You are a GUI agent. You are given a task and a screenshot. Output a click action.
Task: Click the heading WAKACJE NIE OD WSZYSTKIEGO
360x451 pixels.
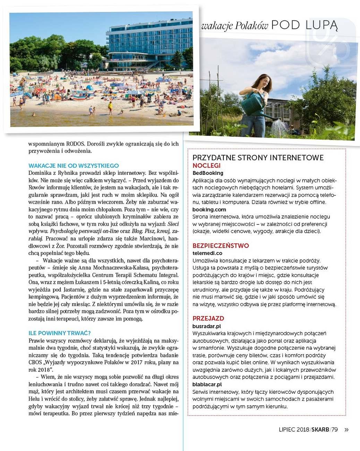[x=74, y=165]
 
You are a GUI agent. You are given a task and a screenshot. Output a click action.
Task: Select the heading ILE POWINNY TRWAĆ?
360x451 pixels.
[x=60, y=333]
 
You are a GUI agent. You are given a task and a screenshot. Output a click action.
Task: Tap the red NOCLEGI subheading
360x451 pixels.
[x=206, y=165]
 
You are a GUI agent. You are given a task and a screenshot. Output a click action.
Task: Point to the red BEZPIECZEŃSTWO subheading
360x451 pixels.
[x=221, y=246]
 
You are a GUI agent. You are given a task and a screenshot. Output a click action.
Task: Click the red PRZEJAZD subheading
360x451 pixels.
[x=208, y=318]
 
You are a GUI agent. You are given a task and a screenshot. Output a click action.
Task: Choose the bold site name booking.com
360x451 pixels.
[x=209, y=210]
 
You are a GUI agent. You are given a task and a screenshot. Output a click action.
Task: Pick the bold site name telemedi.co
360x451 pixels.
[x=207, y=253]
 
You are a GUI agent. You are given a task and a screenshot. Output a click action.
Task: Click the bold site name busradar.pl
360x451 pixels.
[x=207, y=326]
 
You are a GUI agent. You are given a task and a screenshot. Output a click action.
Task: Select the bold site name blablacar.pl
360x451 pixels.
[x=207, y=384]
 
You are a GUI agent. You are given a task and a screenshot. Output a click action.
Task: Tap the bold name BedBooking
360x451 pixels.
[x=208, y=173]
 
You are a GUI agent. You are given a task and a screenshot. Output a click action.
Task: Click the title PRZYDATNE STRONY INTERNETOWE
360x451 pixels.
[x=258, y=158]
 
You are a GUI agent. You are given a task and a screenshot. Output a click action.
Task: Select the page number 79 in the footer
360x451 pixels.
[x=334, y=429]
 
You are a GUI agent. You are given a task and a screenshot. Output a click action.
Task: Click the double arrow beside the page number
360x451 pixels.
[x=346, y=429]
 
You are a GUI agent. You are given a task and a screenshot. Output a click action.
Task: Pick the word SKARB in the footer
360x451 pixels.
[x=320, y=429]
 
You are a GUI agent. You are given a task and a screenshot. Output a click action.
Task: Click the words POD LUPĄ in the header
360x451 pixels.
[x=304, y=25]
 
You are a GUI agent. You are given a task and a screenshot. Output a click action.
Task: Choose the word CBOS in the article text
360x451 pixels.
[x=35, y=362]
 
